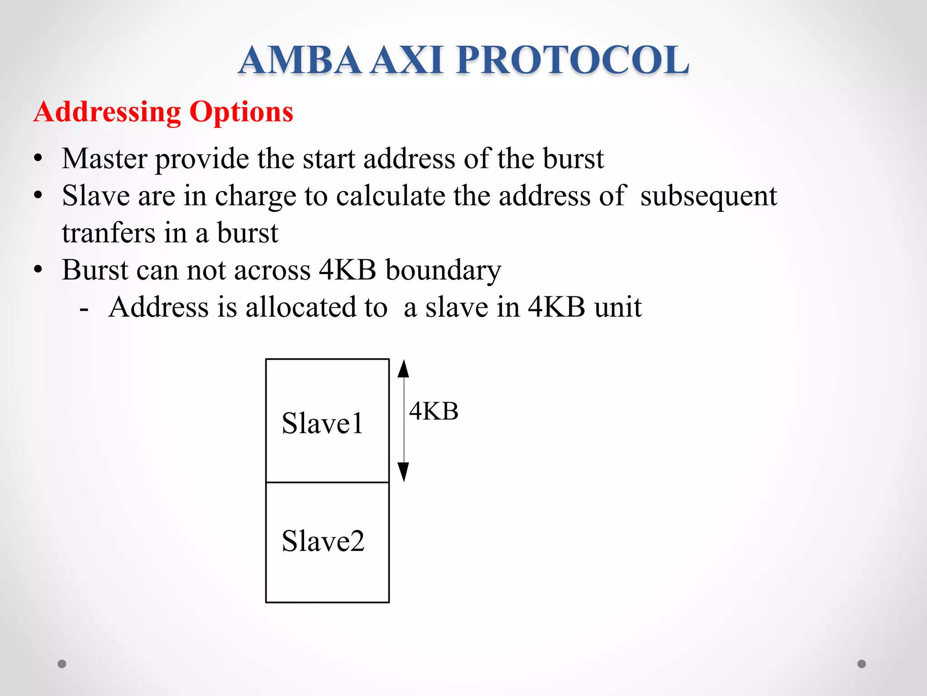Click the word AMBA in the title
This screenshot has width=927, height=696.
[300, 60]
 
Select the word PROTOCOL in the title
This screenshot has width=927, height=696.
[573, 60]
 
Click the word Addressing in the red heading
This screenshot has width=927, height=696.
[107, 112]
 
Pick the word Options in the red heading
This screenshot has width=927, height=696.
[241, 112]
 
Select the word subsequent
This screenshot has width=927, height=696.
[708, 197]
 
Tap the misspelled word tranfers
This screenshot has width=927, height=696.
[108, 233]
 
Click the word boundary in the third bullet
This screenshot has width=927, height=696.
[443, 271]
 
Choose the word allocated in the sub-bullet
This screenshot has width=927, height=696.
[316, 307]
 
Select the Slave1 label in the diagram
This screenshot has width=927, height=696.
[322, 424]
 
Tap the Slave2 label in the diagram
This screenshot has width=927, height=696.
[323, 541]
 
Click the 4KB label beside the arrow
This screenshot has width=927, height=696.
[434, 411]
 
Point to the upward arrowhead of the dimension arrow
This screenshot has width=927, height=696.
[403, 369]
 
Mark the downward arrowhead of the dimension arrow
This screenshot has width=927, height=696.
[403, 472]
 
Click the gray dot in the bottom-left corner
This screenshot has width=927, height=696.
[62, 664]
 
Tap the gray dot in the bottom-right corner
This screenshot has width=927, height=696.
[862, 664]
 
